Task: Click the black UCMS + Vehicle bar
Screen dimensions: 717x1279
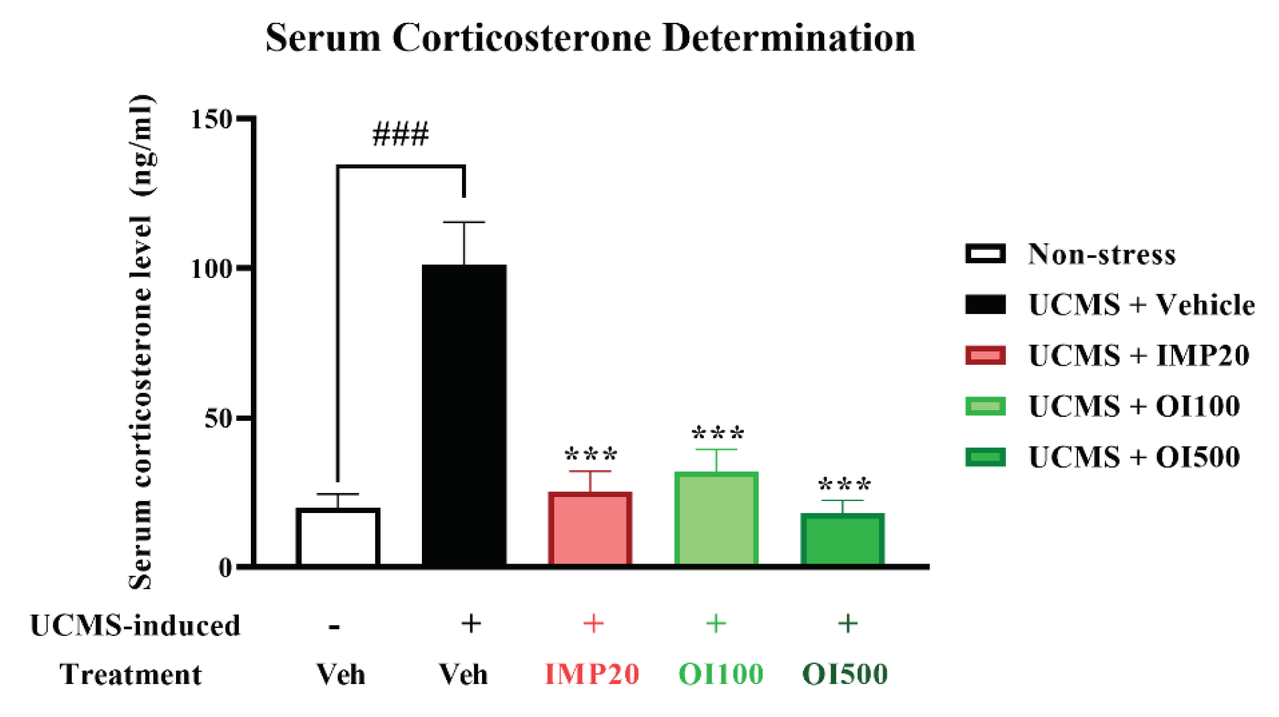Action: coord(464,415)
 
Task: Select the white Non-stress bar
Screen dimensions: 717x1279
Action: coord(338,537)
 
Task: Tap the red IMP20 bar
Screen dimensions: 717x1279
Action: coord(590,529)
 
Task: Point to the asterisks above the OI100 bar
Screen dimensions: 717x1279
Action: coord(717,433)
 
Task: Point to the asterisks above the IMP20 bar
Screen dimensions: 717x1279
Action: coord(591,455)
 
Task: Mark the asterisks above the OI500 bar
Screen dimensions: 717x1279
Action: coord(843,484)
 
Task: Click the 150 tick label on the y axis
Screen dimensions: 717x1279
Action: coord(212,119)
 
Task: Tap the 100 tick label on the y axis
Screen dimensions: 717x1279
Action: coord(212,269)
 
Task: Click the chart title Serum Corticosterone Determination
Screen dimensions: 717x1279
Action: coord(590,38)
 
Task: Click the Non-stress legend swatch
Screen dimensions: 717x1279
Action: coord(985,253)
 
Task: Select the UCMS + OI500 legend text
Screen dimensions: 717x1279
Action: coord(1134,457)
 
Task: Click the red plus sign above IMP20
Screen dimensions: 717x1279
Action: coord(593,623)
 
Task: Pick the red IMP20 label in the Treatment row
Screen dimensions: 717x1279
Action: coord(592,674)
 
